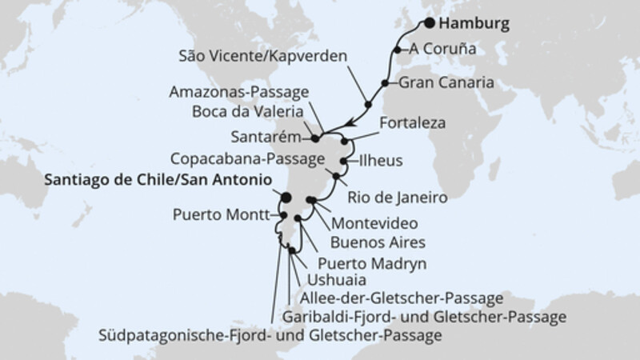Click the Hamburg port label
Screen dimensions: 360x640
(x=474, y=24)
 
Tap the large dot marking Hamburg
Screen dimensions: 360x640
(x=429, y=23)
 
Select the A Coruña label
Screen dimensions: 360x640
(x=443, y=49)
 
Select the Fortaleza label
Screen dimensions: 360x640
(x=411, y=124)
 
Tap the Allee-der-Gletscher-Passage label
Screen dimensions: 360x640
(x=400, y=298)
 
